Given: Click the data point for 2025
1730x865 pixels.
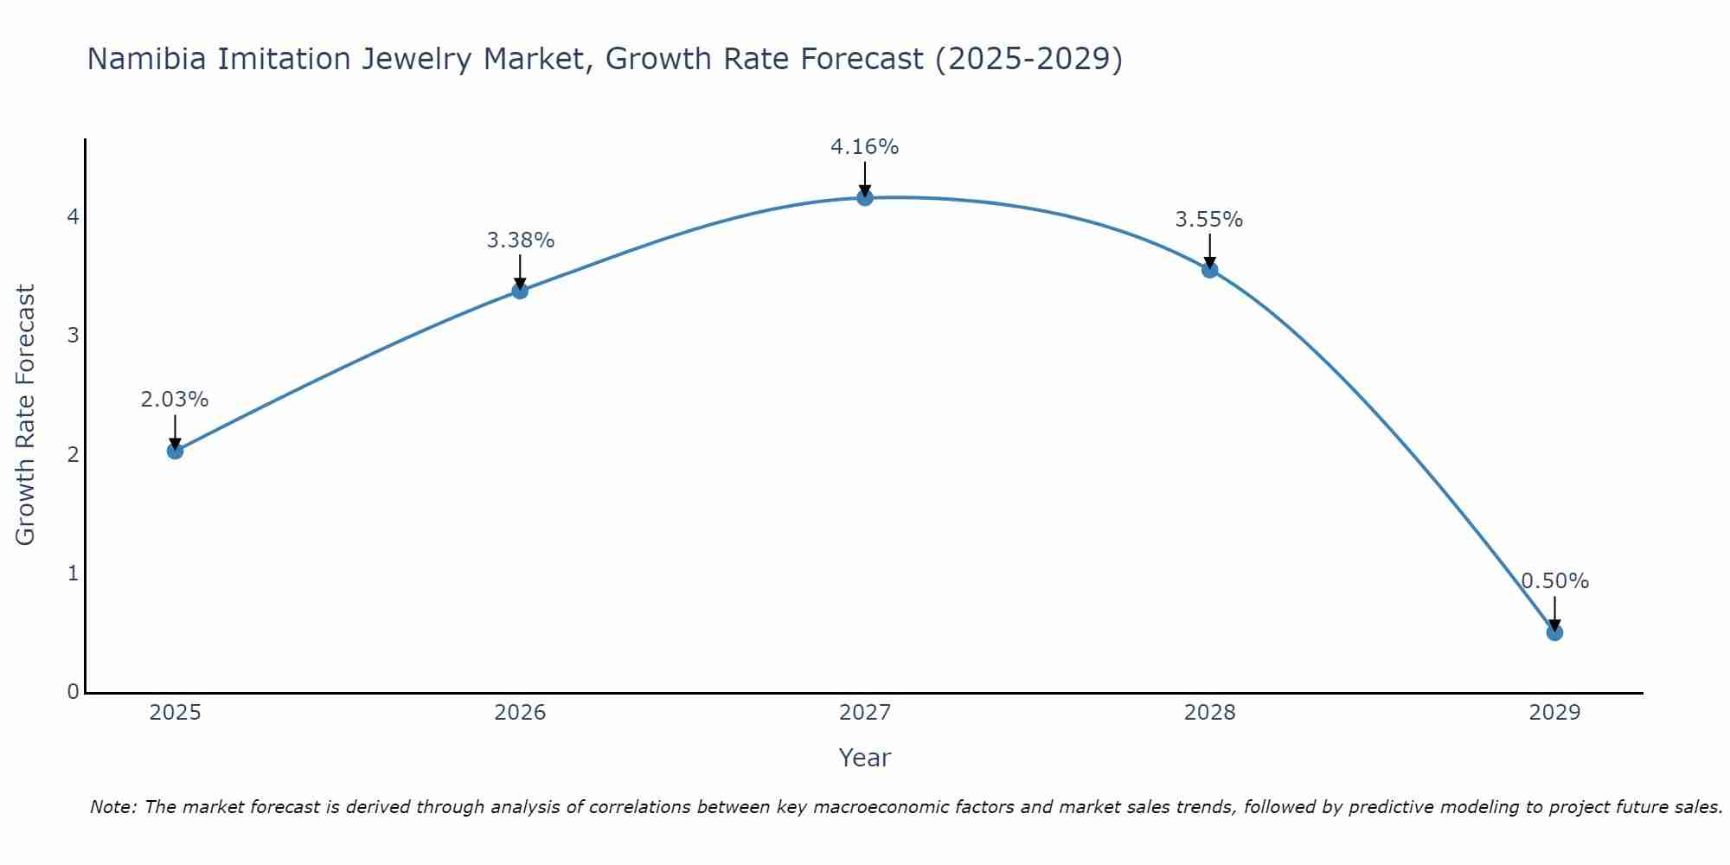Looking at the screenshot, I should click(175, 451).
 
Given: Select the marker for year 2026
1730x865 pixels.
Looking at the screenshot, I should click(520, 291).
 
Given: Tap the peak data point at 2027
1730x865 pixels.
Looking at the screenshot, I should click(865, 198).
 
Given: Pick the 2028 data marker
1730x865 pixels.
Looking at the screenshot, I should click(1210, 270).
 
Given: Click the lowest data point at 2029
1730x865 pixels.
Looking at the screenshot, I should click(1554, 632).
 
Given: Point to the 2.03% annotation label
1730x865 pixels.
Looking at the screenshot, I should click(175, 400).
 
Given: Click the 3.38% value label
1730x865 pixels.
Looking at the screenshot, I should click(520, 240).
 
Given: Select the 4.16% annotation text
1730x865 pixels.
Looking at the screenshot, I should click(865, 147).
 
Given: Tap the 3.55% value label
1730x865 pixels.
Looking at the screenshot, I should click(1209, 220).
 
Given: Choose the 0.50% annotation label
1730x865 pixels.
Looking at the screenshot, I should click(1554, 581).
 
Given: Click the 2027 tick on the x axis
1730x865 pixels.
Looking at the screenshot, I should click(865, 713).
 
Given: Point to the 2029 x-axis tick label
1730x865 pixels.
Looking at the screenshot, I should click(1554, 713).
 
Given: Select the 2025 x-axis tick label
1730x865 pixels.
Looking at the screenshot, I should click(175, 713).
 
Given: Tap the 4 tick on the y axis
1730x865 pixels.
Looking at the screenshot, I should click(74, 216).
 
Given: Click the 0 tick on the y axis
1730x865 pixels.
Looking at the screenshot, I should click(74, 692).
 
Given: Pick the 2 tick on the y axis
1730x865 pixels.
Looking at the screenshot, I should click(74, 454).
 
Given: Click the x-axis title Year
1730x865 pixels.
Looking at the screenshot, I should click(865, 758).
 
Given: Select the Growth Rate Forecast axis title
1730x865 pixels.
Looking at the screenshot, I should click(26, 415).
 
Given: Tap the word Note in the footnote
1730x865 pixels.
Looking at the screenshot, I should click(112, 807).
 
